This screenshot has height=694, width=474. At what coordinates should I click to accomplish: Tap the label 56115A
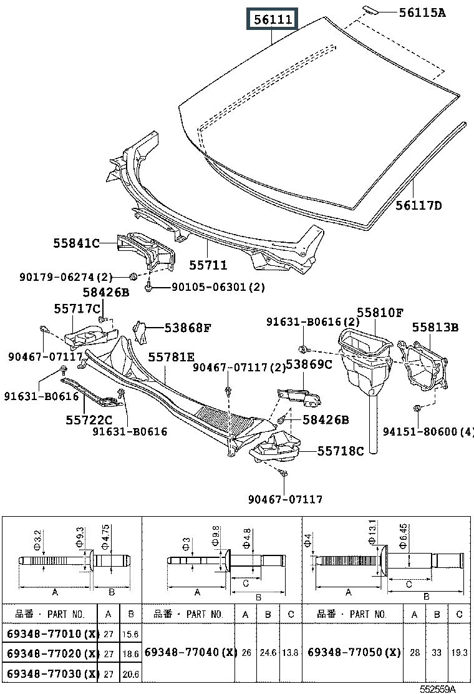coord(422,12)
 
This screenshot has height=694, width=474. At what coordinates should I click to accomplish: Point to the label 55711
coord(208,265)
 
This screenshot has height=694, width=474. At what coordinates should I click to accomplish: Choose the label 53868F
coord(188,327)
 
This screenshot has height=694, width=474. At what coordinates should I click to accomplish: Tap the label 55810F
coord(380,312)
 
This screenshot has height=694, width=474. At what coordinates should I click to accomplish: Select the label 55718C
coord(340,451)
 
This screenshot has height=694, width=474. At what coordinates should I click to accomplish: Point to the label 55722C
coord(89,420)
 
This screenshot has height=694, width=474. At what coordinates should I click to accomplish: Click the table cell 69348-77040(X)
coord(190,652)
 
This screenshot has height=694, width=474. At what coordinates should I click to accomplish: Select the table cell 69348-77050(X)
coord(354,652)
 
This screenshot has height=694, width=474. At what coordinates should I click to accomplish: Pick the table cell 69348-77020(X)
coord(52,653)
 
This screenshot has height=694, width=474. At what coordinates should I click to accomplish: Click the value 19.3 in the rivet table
coord(459,652)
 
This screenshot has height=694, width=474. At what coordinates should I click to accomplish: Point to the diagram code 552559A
coord(437,688)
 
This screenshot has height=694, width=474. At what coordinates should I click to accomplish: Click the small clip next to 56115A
coord(369,9)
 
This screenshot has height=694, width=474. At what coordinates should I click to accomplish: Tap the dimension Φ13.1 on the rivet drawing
coord(373,532)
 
